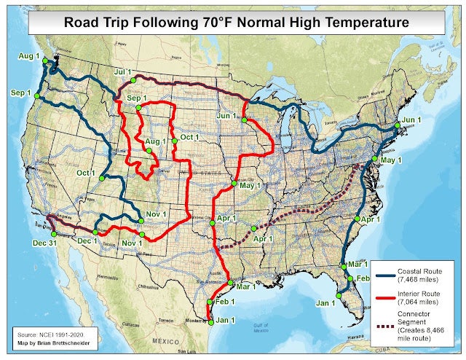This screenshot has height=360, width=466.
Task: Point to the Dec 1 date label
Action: (x=87, y=240)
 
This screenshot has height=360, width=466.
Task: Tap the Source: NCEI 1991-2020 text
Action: (x=47, y=331)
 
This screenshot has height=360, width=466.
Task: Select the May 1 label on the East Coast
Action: (x=391, y=160)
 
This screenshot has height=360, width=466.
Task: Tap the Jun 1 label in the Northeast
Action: (x=411, y=120)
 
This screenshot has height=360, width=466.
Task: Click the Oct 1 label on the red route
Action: (x=190, y=137)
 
